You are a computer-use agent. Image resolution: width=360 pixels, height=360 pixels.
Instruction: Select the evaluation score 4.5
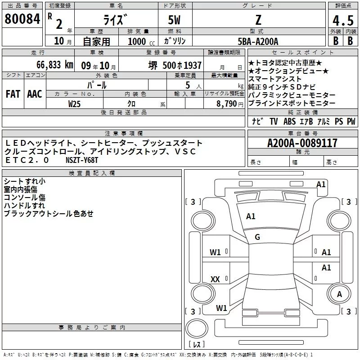click(342, 21)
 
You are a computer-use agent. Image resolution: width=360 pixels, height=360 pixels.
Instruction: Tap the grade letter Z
click(257, 20)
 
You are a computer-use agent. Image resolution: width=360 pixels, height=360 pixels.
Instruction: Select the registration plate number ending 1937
click(175, 65)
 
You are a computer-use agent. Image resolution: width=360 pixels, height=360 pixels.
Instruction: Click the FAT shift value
click(13, 94)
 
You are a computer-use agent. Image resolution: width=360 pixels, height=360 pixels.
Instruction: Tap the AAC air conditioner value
click(34, 94)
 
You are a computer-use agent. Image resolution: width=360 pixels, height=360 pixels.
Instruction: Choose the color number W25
click(75, 103)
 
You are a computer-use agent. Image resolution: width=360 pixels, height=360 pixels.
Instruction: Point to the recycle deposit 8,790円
click(230, 103)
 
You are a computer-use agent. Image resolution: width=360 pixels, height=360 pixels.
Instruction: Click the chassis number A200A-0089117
click(302, 143)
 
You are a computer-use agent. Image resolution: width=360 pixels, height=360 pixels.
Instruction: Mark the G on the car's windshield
click(257, 237)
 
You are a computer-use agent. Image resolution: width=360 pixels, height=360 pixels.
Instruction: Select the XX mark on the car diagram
click(215, 279)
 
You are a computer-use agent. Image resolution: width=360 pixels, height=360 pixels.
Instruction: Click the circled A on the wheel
click(340, 294)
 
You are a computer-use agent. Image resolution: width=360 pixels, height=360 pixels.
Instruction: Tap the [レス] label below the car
click(196, 345)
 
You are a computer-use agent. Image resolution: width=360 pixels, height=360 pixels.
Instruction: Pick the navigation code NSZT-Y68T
click(81, 160)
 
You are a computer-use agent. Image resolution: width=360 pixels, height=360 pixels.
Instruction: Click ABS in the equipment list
click(289, 121)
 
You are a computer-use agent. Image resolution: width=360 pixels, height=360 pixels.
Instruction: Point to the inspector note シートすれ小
click(24, 181)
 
